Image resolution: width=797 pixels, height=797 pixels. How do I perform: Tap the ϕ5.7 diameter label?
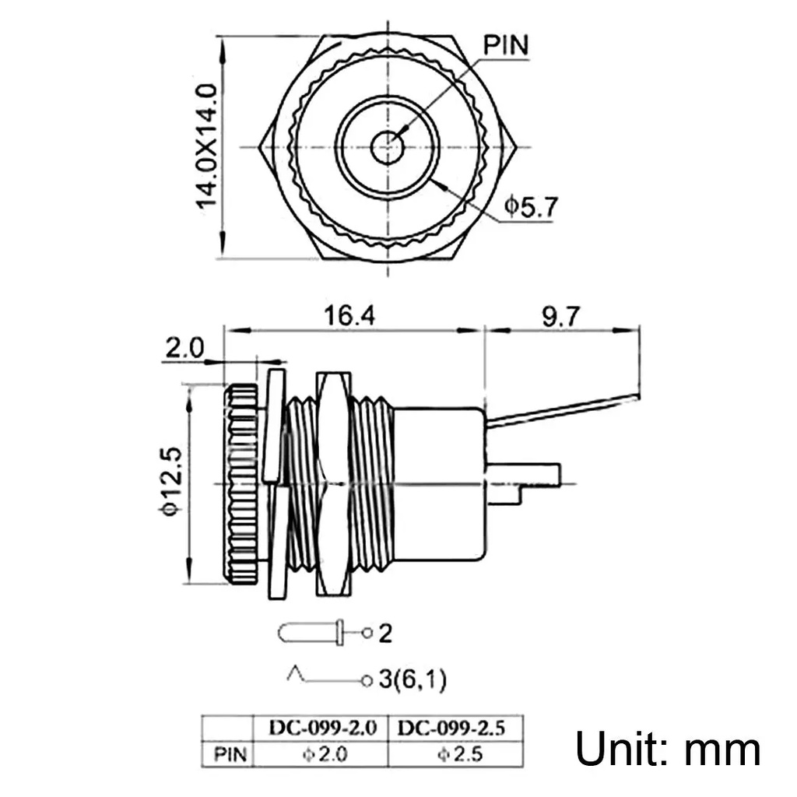pyautogui.click(x=531, y=206)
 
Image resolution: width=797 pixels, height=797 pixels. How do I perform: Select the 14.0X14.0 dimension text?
pyautogui.click(x=207, y=146)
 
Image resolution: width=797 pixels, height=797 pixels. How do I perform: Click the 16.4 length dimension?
pyautogui.click(x=349, y=316)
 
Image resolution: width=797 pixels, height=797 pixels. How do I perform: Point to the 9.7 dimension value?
pyautogui.click(x=560, y=317)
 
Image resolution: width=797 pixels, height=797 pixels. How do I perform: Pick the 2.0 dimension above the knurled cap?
pyautogui.click(x=184, y=348)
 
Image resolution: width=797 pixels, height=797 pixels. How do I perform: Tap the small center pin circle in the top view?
pyautogui.click(x=388, y=147)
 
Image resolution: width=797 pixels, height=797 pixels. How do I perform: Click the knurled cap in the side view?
pyautogui.click(x=243, y=484)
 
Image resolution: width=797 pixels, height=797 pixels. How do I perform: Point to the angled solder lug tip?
pyautogui.click(x=637, y=396)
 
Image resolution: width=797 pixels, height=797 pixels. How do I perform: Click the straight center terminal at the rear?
pyautogui.click(x=524, y=474)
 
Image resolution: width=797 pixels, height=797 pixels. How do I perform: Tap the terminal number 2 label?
pyautogui.click(x=386, y=634)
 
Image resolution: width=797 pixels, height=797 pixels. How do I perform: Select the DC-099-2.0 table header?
pyautogui.click(x=323, y=728)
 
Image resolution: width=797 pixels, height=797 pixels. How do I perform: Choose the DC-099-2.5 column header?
pyautogui.click(x=451, y=728)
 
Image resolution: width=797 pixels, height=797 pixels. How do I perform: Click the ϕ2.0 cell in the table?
pyautogui.click(x=325, y=753)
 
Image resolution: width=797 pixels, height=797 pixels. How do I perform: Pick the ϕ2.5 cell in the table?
pyautogui.click(x=460, y=753)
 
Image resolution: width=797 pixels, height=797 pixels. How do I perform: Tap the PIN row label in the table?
pyautogui.click(x=230, y=754)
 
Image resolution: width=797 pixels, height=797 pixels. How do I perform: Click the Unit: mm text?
pyautogui.click(x=668, y=750)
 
